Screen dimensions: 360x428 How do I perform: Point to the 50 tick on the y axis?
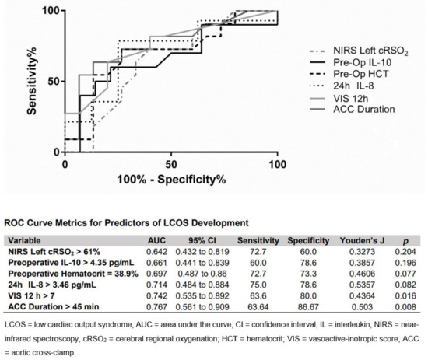coord(51,81)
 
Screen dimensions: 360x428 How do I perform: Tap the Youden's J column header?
coord(346,240)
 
